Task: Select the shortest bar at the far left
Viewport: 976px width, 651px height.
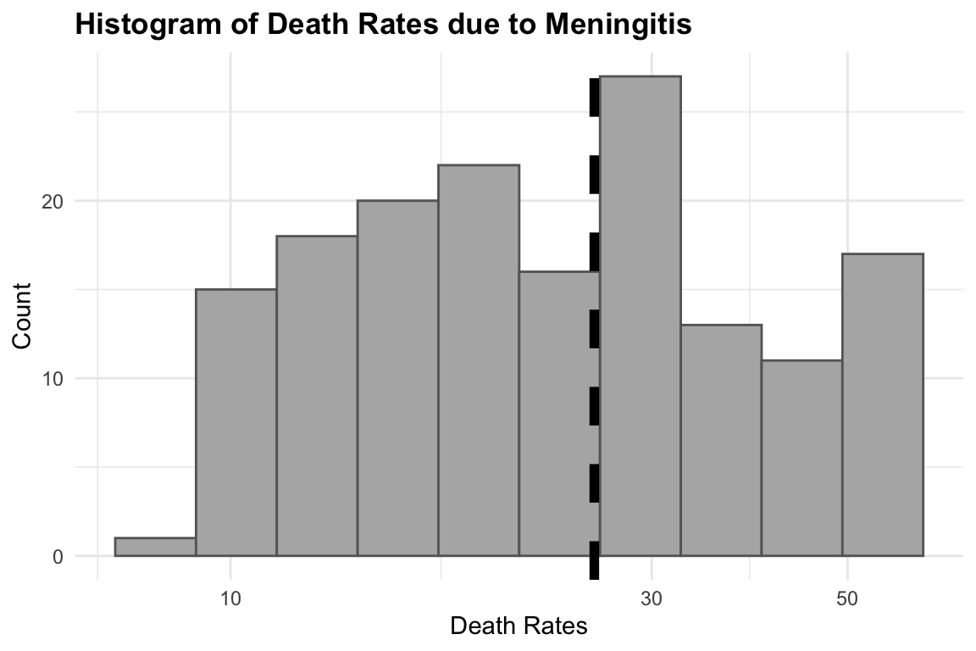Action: [x=155, y=547]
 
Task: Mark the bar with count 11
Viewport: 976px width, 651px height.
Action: [x=801, y=458]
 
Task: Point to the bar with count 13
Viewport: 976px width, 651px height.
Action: [x=721, y=440]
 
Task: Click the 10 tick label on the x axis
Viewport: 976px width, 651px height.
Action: [x=230, y=598]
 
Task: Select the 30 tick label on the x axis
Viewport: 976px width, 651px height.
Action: [x=651, y=598]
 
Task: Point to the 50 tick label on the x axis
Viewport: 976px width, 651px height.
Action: [x=847, y=598]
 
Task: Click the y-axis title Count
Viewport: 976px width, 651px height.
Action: [x=23, y=315]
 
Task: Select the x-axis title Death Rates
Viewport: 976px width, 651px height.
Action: [x=518, y=626]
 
